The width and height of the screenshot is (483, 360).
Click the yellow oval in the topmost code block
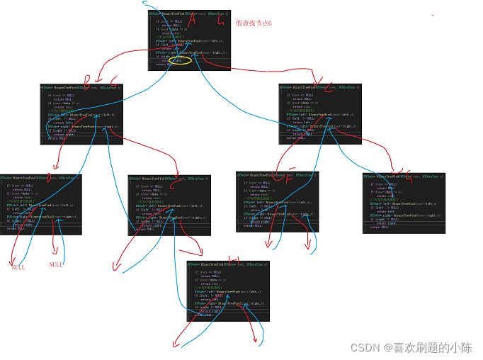coord(182,61)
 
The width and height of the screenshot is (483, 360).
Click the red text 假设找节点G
coord(254,23)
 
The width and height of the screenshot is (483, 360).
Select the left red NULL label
coord(18,266)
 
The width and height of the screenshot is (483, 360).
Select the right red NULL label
coord(56,264)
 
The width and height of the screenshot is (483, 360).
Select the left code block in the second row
coord(81,113)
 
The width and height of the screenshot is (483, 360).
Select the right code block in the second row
coord(319,113)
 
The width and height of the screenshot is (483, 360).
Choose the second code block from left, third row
coord(169,203)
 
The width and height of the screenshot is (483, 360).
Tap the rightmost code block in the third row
coord(404,203)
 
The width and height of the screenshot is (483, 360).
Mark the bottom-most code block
coord(228,291)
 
